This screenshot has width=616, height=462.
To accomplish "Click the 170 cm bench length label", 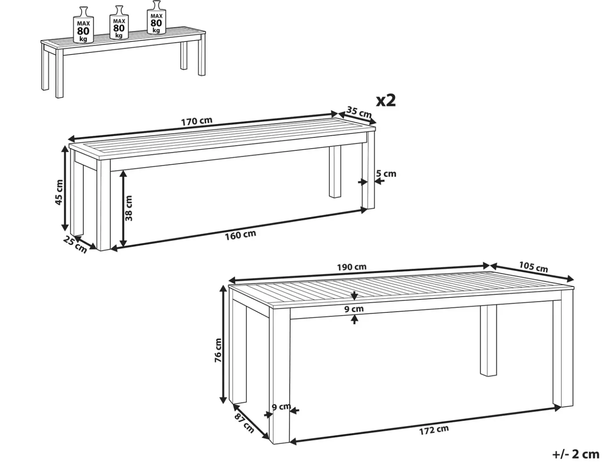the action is point(197,121).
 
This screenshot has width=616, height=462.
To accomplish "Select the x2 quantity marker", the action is point(386,101).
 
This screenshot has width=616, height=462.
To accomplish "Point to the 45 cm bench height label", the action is point(59,192).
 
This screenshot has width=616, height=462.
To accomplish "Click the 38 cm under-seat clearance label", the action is point(129,208).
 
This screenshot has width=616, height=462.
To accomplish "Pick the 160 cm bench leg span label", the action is point(241,235).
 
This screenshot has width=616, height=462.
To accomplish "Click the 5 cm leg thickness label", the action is point(386,174).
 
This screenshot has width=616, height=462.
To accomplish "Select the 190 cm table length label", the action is point(352,267).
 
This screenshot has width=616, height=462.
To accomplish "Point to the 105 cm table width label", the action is point(533,267).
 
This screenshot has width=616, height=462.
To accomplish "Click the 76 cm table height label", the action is point(218,350).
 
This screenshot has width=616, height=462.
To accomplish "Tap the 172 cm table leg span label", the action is point(434,429).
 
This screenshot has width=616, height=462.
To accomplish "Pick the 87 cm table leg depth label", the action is point(244,423).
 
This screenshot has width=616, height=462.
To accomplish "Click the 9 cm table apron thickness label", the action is point(354,309).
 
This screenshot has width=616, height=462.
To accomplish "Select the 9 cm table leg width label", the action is point(281,406).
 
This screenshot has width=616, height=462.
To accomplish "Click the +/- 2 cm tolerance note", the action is point(576,454).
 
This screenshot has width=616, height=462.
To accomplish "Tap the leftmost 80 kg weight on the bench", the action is point(83,25).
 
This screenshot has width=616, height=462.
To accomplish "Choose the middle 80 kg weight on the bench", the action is point(119,23).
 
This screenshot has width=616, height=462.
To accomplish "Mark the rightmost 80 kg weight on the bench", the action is point(156,18).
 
